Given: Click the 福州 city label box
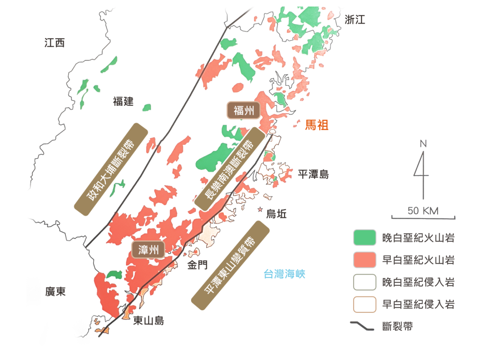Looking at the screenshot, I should click(x=243, y=111).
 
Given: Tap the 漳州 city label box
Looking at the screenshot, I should click(x=149, y=250).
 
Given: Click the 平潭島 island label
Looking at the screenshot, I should click(x=313, y=174).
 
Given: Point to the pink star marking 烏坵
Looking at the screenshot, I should click(x=261, y=209).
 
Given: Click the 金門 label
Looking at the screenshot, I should click(x=197, y=265).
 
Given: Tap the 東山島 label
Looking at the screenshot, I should click(x=149, y=321).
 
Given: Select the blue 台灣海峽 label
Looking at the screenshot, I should click(x=284, y=274).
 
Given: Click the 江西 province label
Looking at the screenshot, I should click(x=55, y=43).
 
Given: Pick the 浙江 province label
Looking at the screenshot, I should click(x=355, y=19).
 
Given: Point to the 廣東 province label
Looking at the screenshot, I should click(x=55, y=291).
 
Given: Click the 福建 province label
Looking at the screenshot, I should click(x=123, y=101).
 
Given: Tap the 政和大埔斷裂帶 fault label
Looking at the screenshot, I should click(x=111, y=169).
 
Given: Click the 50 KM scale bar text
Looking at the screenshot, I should click(x=423, y=211).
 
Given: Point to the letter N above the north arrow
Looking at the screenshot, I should click(x=423, y=144).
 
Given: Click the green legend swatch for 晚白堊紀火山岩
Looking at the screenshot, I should click(x=364, y=238).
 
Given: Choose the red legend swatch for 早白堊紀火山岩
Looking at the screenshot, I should click(x=364, y=260).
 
